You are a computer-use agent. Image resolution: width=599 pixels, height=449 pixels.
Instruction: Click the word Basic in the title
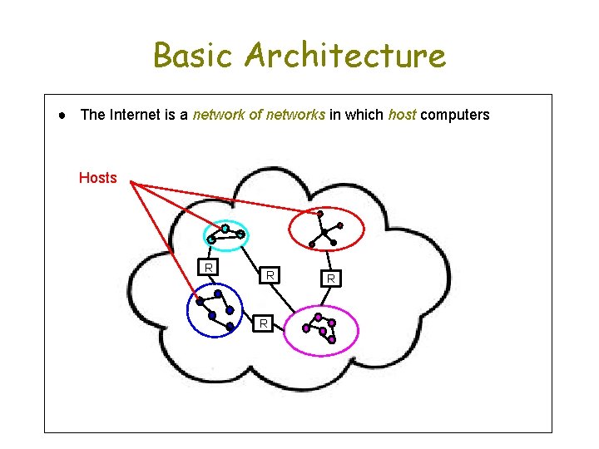(195, 57)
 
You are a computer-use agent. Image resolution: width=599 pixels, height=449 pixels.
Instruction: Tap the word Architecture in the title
(345, 57)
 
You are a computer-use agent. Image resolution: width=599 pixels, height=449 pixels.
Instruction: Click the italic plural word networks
(296, 115)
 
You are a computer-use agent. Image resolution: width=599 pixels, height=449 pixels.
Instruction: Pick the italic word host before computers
(402, 115)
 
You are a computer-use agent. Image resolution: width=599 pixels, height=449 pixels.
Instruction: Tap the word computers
(455, 115)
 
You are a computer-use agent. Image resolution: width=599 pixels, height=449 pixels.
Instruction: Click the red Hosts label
(97, 177)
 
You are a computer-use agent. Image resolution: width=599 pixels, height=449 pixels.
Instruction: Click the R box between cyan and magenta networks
(270, 274)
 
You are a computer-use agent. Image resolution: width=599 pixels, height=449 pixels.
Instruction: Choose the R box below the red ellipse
(330, 279)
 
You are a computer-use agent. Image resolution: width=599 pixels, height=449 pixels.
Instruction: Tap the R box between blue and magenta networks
(263, 323)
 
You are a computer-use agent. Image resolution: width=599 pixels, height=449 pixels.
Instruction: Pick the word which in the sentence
(367, 115)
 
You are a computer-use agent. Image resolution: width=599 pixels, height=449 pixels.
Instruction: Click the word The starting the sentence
(92, 115)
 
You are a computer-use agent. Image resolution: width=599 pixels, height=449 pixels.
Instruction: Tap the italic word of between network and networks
(255, 115)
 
